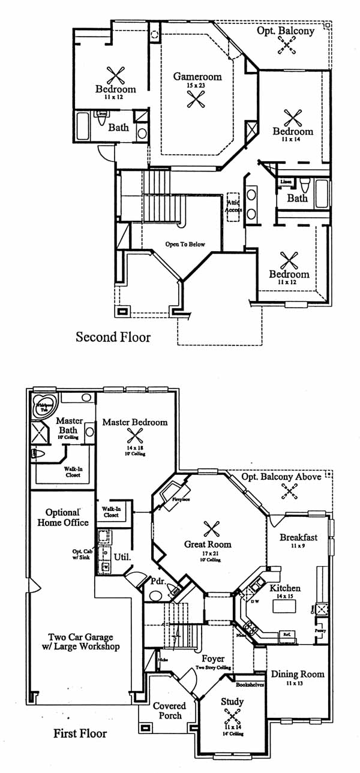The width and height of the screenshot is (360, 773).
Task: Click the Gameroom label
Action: point(197,77)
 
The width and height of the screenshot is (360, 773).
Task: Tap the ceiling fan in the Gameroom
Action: point(196,99)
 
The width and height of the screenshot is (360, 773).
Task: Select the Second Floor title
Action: point(113,337)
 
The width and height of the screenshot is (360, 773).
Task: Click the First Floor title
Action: point(80,733)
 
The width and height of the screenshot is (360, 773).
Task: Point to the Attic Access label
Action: point(233,206)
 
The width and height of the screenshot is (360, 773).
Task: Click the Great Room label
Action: point(208,545)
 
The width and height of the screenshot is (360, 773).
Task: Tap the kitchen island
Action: point(285,606)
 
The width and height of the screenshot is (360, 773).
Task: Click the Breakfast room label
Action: point(298,537)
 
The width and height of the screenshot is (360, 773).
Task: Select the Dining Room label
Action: point(297,674)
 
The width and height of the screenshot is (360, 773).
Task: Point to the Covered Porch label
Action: point(169,711)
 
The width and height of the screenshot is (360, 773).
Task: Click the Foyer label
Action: point(213,659)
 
